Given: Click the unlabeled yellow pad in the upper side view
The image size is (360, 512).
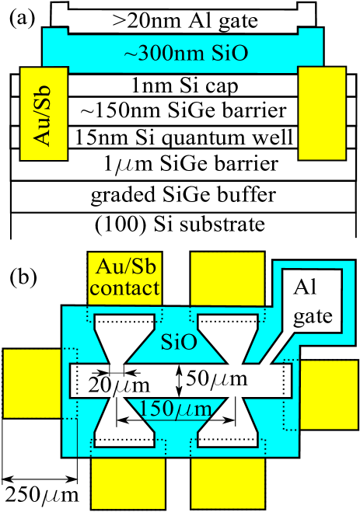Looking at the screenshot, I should tap(321, 113).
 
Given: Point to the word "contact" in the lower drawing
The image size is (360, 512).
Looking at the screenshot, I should tap(126, 290).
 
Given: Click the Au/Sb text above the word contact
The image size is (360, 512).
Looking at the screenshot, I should tap(125, 268).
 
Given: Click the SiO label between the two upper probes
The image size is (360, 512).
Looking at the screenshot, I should tap(178, 343).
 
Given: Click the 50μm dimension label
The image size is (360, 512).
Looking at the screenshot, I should tap(218, 379).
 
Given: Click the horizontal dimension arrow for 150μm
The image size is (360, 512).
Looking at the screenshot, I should tap(176, 421).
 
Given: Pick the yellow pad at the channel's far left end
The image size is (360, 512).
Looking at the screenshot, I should tap(32, 383).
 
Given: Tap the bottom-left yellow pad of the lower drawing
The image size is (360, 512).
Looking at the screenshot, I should tap(128, 482).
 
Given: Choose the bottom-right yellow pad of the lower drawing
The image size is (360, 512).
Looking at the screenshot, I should tap(227, 482).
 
